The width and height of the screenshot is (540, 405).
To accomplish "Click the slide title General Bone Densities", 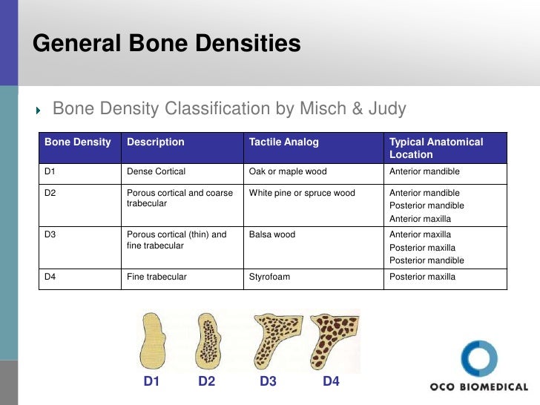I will point(166,44).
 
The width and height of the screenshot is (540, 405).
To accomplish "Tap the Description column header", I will point(155,142).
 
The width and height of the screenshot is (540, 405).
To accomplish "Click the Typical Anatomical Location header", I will point(435,148).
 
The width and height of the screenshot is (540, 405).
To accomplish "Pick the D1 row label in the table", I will point(50,171).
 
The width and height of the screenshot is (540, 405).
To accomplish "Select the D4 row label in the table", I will point(50,277).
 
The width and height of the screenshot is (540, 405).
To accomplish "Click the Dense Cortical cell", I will point(156,171).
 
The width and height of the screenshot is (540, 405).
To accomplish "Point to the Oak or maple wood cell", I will point(287,171).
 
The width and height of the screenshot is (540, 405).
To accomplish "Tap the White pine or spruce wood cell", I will point(301,193).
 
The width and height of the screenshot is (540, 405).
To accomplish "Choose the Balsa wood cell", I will point(271,234).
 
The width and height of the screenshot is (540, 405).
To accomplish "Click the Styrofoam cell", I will point(269,277).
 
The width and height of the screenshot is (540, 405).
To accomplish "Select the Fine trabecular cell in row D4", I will point(157,277).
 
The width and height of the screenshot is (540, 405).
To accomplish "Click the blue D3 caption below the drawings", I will point(268,382).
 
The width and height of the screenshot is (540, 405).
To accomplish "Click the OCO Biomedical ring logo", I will point(479,360).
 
